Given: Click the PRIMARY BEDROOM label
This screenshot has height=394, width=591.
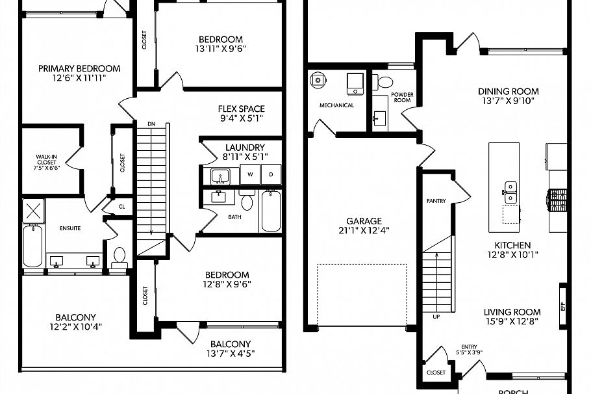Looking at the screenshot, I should coord(79,68).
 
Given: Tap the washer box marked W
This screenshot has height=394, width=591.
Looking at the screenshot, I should coord(249,175).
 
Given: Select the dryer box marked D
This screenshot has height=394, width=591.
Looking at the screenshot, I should coord(271,175).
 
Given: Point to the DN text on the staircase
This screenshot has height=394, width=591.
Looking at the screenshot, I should coord(151,124).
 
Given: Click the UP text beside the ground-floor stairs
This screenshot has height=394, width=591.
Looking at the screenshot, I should coord(436,317).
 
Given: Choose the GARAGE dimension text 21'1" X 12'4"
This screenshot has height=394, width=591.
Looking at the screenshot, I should coord(364,230).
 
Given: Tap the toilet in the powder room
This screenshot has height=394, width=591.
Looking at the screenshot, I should coord(385,83).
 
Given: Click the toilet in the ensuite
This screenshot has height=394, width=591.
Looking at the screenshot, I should coord(119,257).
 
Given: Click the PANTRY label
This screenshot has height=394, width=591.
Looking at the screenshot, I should coord(436,201).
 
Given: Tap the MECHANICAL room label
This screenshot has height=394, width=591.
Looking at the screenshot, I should coord(336,105).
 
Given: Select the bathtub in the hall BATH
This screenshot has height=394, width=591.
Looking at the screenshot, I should coord(271,211).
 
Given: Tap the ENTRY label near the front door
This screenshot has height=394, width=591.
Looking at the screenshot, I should coord(469,347).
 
